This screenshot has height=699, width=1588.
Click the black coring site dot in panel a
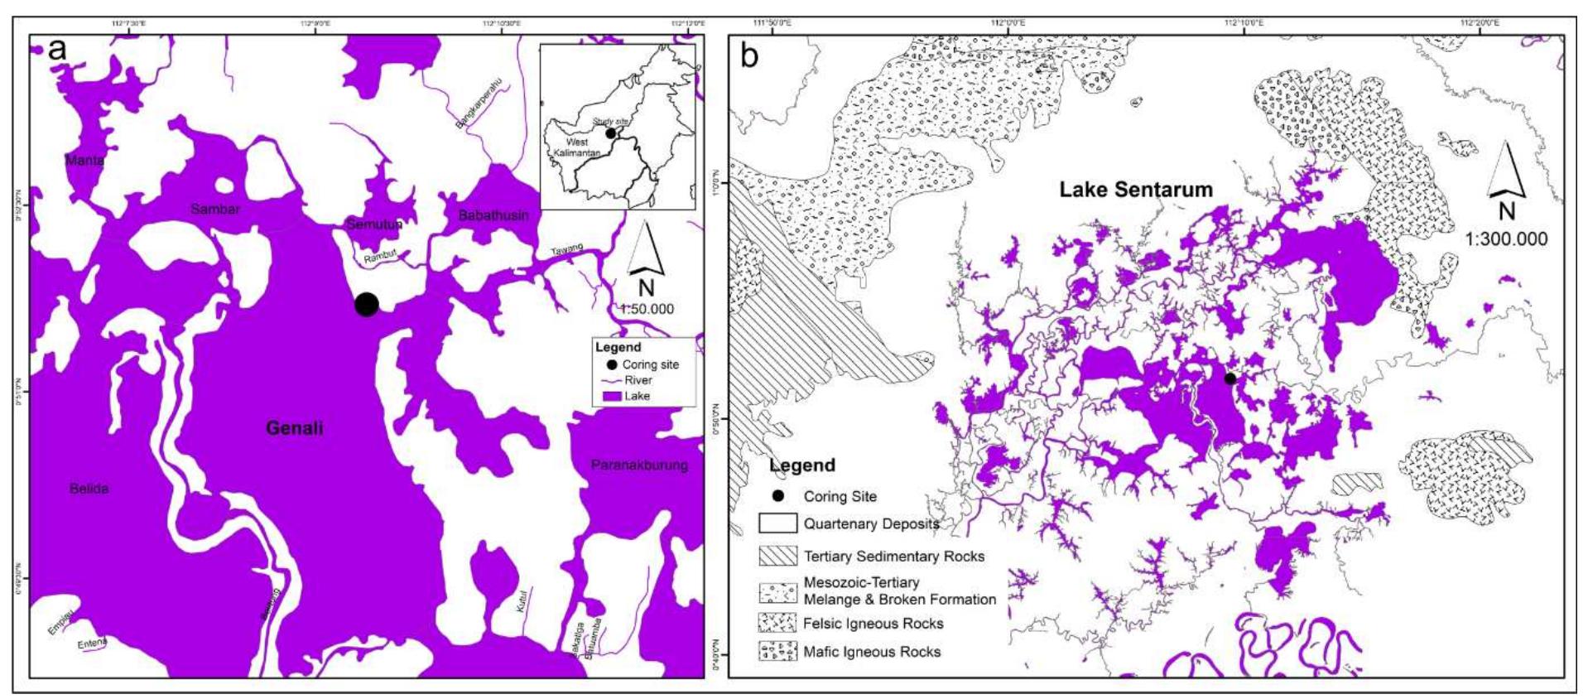click(x=367, y=304)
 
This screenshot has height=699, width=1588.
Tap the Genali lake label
click(x=294, y=428)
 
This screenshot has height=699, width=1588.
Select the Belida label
click(x=89, y=489)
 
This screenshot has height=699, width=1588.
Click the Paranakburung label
click(x=639, y=465)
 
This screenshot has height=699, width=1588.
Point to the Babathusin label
click(x=493, y=215)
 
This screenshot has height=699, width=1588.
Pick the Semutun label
click(x=374, y=224)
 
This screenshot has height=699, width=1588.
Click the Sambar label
click(x=215, y=209)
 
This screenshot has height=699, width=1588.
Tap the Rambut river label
click(x=381, y=256)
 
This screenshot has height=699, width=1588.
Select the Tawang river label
click(x=567, y=249)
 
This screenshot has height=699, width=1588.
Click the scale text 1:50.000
click(x=647, y=309)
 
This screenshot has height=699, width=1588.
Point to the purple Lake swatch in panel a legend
click(x=612, y=397)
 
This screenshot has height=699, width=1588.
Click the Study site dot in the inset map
click(x=610, y=133)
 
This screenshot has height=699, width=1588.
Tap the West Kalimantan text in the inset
click(x=576, y=147)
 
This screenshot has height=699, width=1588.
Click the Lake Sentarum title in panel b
click(x=1136, y=190)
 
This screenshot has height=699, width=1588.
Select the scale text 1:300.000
click(x=1506, y=239)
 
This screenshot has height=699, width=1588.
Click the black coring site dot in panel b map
click(x=1230, y=378)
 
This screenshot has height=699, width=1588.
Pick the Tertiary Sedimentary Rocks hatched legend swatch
click(x=777, y=556)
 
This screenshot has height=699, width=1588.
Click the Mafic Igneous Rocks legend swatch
click(x=777, y=651)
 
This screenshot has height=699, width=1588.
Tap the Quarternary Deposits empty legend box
click(x=777, y=523)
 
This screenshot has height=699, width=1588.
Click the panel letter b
click(x=749, y=56)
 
